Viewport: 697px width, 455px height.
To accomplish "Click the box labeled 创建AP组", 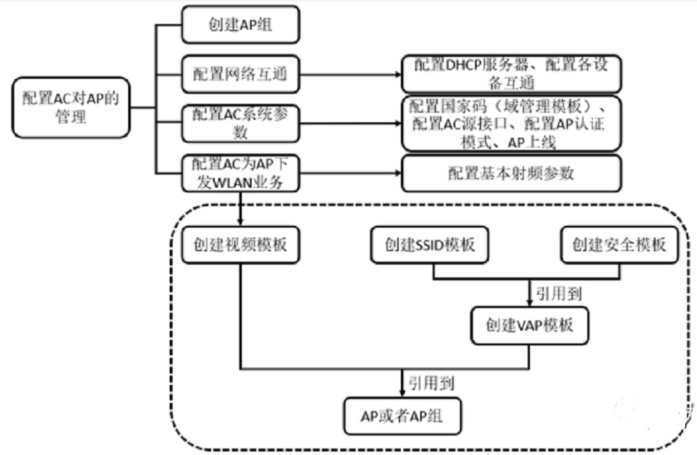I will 240,25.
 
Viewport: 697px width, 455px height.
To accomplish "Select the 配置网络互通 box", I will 240,74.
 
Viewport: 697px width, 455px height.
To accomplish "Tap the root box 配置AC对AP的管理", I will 71,108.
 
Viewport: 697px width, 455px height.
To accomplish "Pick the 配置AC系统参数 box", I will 240,123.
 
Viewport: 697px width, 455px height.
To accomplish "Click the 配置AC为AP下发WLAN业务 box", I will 240,174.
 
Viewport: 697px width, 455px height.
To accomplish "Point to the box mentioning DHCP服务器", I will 511,74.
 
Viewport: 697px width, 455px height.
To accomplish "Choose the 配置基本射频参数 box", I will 511,174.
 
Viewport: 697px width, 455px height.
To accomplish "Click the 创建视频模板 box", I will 240,245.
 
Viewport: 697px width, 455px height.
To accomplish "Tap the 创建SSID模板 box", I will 429,245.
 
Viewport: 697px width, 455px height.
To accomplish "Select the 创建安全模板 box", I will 620,245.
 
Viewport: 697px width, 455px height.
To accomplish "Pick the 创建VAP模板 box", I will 529,325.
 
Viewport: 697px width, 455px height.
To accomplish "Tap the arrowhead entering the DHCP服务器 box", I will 399,74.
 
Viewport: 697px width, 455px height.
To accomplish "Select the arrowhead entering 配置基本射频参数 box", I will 399,174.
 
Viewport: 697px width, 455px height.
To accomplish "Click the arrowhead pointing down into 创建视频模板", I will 240,222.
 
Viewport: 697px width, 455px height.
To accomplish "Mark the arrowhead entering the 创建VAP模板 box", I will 529,304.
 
